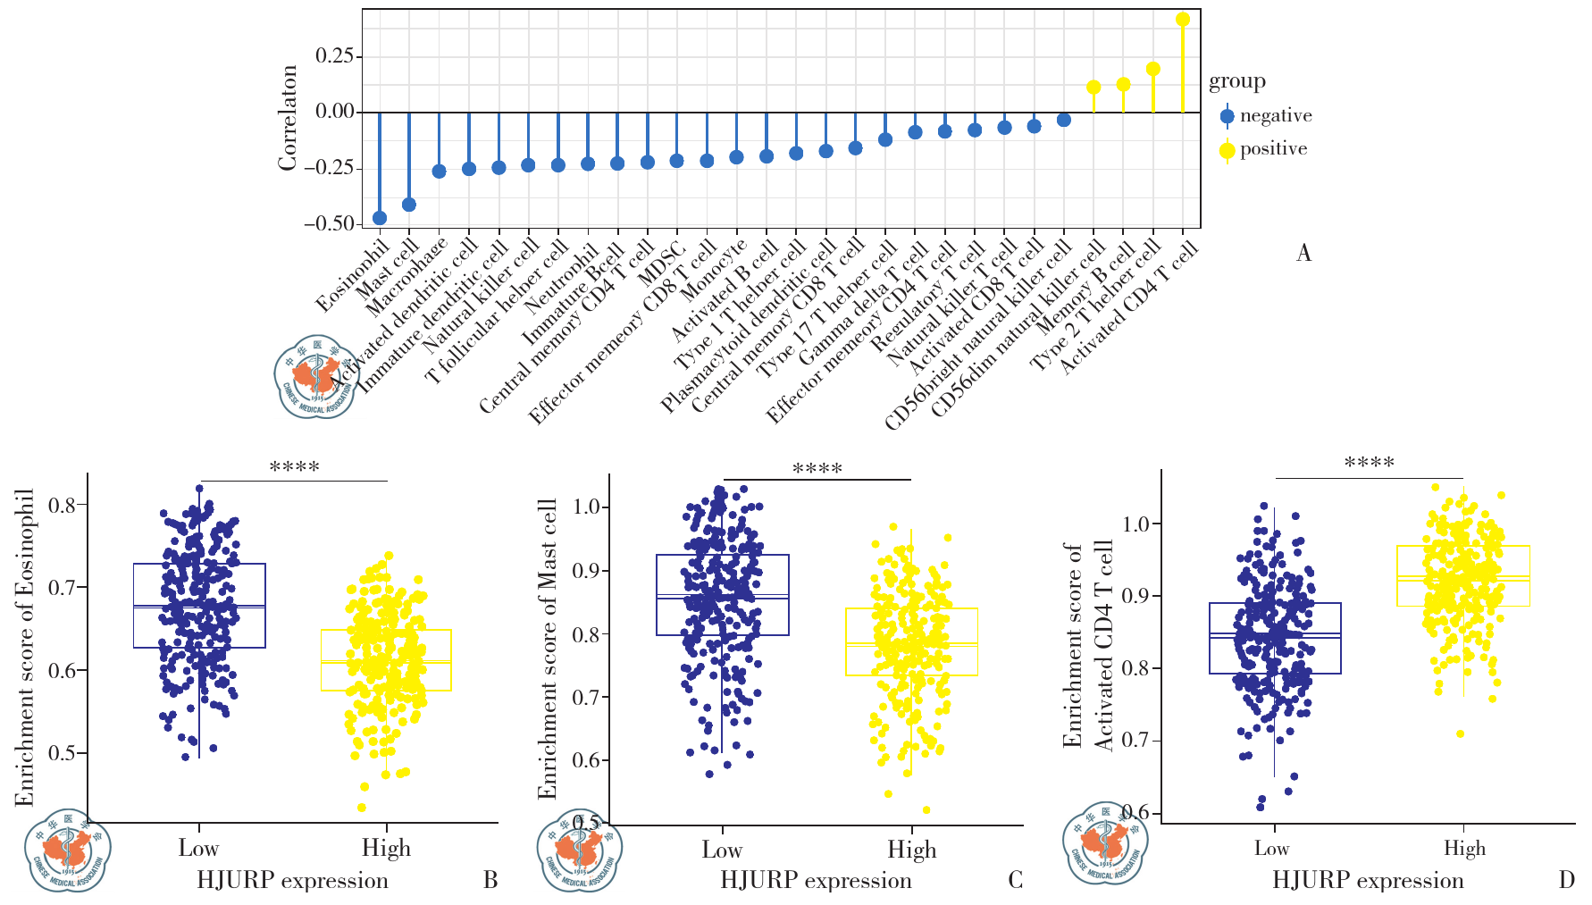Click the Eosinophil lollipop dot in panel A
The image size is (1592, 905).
click(x=380, y=218)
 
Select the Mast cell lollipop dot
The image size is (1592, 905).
click(x=409, y=205)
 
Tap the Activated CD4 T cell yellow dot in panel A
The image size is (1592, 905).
click(x=1183, y=20)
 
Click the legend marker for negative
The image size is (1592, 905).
click(x=1228, y=116)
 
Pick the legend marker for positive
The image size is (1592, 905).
click(x=1228, y=149)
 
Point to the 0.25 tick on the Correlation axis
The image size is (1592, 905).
click(x=334, y=56)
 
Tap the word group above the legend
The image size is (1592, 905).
click(x=1236, y=81)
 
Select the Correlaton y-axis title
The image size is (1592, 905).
click(x=288, y=117)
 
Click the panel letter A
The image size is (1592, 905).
click(x=1303, y=254)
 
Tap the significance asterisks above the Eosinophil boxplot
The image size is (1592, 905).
click(x=294, y=467)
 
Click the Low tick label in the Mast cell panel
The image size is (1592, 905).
click(x=722, y=850)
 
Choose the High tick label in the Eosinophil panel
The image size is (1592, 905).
click(x=386, y=848)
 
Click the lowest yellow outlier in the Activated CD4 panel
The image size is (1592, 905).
click(x=1460, y=733)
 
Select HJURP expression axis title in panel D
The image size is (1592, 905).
click(x=1368, y=881)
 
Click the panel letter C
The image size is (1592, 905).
click(x=1015, y=881)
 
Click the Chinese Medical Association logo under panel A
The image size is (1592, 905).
click(x=314, y=377)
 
